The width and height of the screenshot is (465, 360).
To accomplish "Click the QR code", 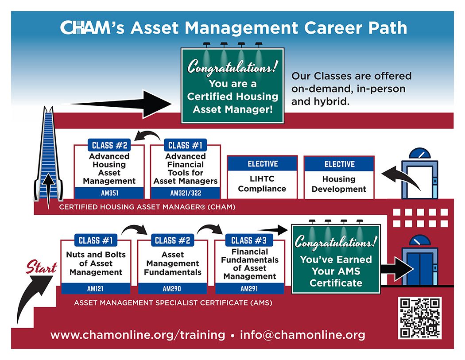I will click(419, 318).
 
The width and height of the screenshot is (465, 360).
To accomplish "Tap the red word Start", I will click(41, 268).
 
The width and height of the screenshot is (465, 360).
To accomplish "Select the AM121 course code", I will click(95, 289).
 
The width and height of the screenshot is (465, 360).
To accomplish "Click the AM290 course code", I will click(172, 289).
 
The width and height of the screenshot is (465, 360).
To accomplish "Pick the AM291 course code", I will click(249, 289).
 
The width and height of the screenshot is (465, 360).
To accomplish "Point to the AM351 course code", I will click(109, 193).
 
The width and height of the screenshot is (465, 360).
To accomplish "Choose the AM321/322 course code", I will click(186, 193).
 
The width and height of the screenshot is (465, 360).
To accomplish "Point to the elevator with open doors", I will click(419, 175).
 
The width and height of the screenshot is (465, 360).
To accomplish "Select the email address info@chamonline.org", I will click(302, 335).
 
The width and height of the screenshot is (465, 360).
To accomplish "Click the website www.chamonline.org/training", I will click(138, 335).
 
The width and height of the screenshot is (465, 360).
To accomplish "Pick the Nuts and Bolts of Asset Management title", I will click(96, 263).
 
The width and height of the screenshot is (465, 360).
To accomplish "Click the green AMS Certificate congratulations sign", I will click(336, 259).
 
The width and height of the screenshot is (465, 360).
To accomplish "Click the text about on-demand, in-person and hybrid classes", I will click(351, 89).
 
